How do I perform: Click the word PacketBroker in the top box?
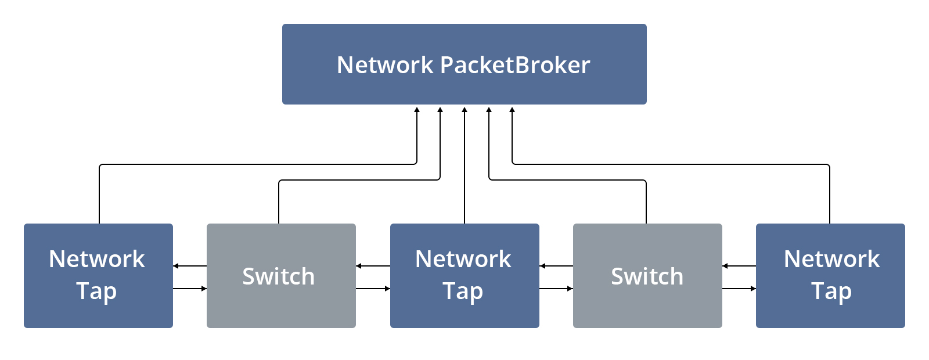pos(515,65)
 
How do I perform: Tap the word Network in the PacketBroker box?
pos(385,65)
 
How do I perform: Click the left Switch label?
pos(279,276)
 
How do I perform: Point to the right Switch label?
pos(647,276)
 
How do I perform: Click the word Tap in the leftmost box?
pos(96,291)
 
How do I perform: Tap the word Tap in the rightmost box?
pos(831,291)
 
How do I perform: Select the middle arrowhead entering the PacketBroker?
pos(464,110)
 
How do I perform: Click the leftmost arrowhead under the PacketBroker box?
pos(417,110)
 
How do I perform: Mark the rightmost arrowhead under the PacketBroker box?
pos(512,110)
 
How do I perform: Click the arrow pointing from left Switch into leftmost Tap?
pos(177,266)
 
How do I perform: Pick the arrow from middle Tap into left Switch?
pos(359,266)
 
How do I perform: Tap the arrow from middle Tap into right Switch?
pos(569,289)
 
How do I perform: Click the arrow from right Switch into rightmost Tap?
pos(752,289)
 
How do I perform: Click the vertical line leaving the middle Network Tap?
pos(464,174)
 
